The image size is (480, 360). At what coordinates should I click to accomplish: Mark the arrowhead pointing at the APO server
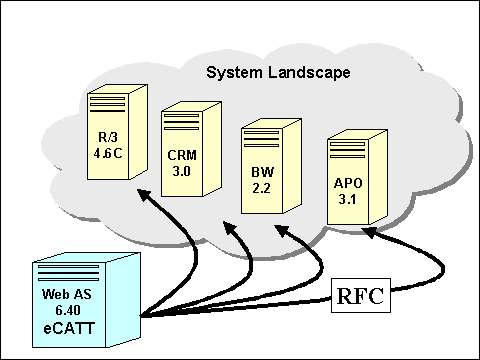(369, 232)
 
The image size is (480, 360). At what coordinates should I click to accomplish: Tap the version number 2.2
(262, 188)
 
